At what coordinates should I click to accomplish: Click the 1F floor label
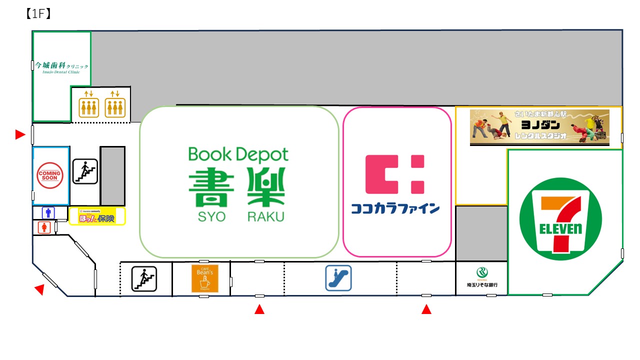[37, 14]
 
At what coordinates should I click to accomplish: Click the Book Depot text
[238, 155]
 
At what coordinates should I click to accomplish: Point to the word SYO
[211, 216]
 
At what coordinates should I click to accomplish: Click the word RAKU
[265, 216]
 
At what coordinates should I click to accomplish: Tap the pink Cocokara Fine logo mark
[395, 174]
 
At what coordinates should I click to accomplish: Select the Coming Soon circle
[50, 175]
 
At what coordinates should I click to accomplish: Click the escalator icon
[338, 278]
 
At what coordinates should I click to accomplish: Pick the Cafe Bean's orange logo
[205, 278]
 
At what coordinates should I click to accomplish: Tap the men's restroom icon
[48, 212]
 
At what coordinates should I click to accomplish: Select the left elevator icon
[89, 106]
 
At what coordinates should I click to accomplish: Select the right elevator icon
[115, 106]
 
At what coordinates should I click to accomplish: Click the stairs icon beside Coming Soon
[84, 171]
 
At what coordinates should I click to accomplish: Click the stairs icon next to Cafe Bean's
[144, 278]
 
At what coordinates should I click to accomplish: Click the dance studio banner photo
[539, 127]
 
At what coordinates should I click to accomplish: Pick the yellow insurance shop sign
[97, 216]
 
